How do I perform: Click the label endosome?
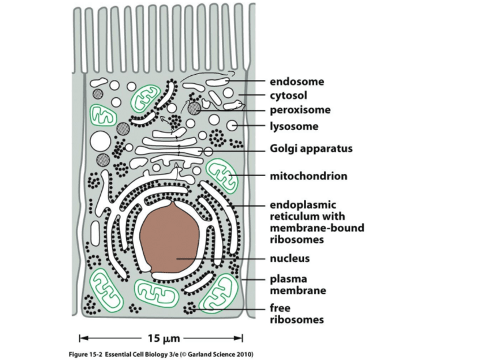click(x=296, y=81)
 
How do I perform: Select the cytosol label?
click(x=288, y=95)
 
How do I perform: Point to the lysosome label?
click(x=293, y=126)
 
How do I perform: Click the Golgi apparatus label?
click(x=311, y=149)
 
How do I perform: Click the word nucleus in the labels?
click(x=289, y=259)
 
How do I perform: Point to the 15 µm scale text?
click(x=163, y=338)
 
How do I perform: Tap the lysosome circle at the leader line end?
click(x=232, y=125)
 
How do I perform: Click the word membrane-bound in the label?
click(x=316, y=228)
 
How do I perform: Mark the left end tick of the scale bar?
click(x=80, y=338)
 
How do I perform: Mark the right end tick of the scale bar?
click(x=242, y=338)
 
